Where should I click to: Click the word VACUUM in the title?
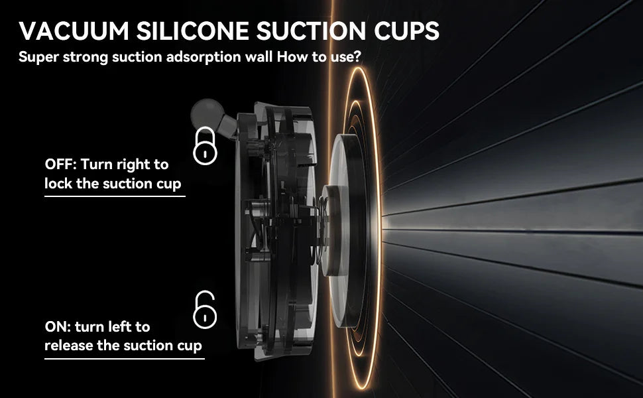74,31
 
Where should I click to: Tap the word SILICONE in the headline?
192,31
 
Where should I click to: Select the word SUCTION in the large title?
311,31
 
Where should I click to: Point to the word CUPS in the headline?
406,31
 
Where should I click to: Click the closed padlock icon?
205,146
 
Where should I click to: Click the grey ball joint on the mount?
207,113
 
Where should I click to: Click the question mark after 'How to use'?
357,56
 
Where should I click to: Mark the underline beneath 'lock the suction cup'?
115,196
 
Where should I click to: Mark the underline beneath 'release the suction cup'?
124,359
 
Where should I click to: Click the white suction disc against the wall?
339,230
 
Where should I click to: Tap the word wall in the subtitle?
259,56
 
